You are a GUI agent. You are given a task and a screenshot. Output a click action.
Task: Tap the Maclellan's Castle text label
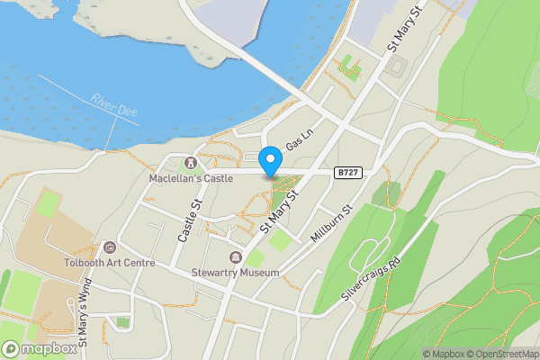(191, 178)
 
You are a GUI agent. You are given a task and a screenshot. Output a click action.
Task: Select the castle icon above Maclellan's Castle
(190, 163)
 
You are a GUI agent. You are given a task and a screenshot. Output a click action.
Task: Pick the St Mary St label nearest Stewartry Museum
(278, 211)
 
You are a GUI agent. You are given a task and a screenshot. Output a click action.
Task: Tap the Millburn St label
(329, 220)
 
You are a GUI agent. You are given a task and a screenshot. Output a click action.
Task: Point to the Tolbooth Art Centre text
(110, 263)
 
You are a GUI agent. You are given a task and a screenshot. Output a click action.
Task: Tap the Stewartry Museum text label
(236, 272)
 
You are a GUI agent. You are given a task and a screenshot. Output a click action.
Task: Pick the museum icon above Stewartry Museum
(236, 256)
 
